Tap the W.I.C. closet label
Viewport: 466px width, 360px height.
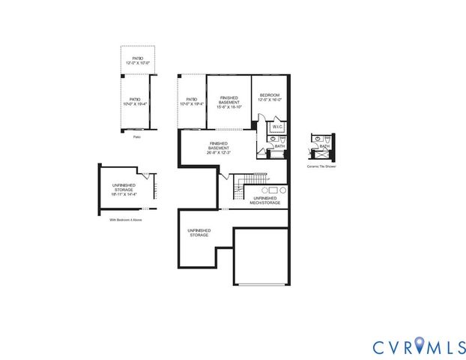[276, 127]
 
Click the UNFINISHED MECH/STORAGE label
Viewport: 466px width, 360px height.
[264, 200]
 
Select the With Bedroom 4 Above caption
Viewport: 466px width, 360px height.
[126, 220]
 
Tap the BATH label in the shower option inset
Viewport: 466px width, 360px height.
[324, 147]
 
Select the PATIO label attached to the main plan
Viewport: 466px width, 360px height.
[191, 101]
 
